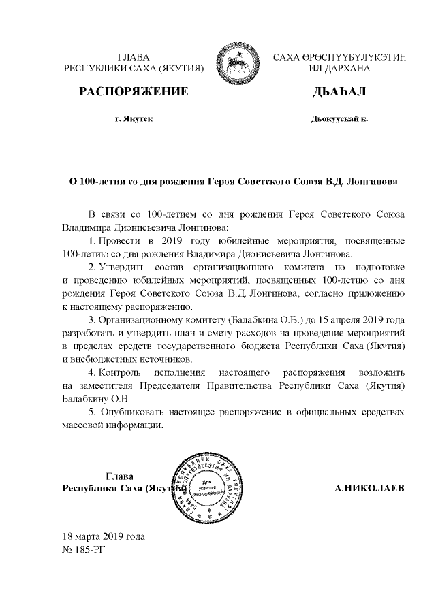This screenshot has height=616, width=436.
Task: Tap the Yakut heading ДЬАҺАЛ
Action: [x=338, y=92]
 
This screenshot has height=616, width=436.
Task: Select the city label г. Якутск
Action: [x=134, y=119]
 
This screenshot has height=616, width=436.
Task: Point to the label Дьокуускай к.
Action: [x=339, y=119]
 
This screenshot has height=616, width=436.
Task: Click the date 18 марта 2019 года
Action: [x=103, y=535]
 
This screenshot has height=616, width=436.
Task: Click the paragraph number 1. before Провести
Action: [x=93, y=241]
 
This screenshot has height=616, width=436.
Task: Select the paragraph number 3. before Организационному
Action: [x=93, y=319]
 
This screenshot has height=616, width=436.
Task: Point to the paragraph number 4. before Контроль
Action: [x=93, y=374]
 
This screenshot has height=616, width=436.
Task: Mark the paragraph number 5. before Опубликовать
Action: [x=93, y=412]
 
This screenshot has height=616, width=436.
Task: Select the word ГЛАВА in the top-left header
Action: [x=134, y=58]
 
